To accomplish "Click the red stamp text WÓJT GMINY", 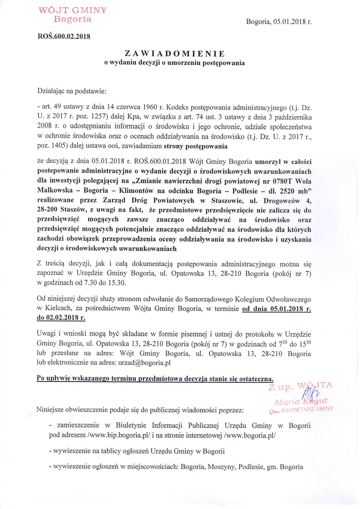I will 73,10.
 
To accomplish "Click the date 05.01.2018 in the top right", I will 290,22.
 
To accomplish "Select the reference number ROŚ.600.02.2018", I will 64,37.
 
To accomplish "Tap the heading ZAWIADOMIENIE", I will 175,54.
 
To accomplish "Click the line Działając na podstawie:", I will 72,91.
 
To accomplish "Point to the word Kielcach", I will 59,308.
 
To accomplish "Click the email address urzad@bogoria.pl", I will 144,363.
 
